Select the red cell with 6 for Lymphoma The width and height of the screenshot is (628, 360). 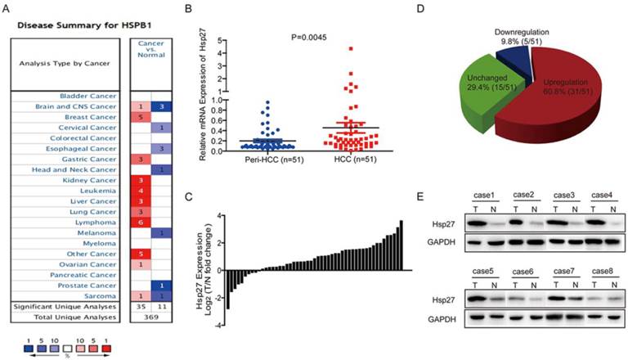140,222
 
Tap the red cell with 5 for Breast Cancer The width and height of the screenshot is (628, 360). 140,116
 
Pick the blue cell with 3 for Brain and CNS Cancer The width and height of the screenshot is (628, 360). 163,106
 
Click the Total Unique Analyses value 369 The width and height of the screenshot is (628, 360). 151,316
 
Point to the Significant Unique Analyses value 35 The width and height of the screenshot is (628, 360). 140,305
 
